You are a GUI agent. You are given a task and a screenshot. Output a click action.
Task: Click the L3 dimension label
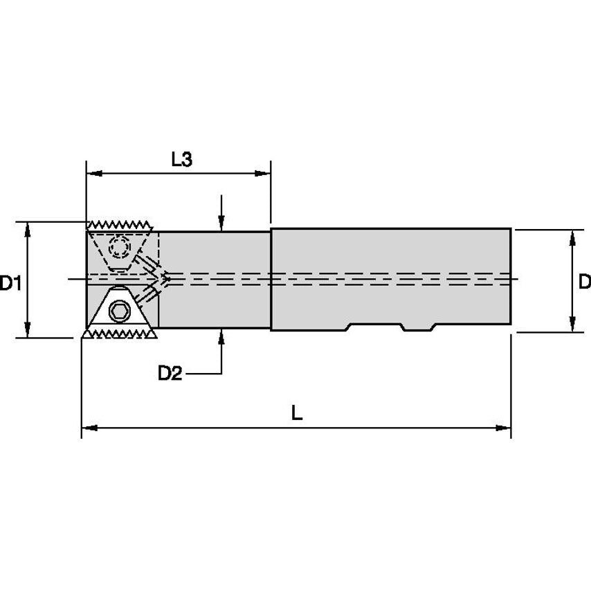click(x=181, y=159)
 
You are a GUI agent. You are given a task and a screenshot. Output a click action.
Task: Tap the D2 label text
click(x=170, y=374)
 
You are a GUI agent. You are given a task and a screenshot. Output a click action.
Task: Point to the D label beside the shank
click(x=583, y=281)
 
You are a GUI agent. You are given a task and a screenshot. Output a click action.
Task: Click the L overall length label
click(x=296, y=414)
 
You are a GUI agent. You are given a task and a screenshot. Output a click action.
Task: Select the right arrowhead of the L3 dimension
click(x=264, y=173)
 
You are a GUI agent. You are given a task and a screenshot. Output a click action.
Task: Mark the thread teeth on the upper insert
click(x=121, y=226)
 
